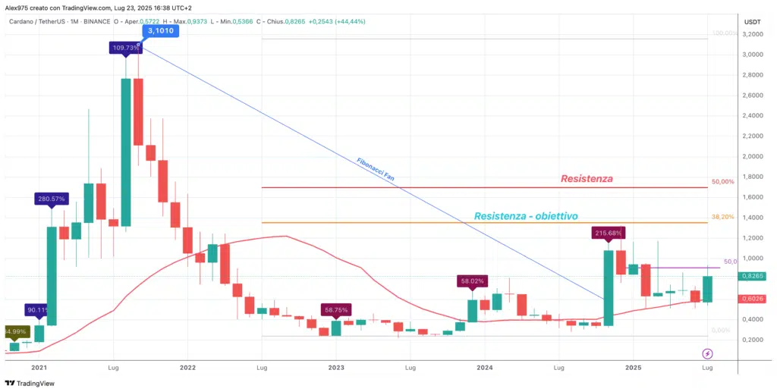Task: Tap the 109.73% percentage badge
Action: pos(126,48)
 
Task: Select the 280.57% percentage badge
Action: pos(52,199)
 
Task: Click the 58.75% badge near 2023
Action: pos(336,310)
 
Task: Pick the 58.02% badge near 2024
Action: pos(471,281)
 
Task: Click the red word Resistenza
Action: pos(587,179)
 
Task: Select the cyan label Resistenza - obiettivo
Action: pos(526,216)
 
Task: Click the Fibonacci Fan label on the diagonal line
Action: pos(376,170)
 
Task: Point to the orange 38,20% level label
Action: pos(722,217)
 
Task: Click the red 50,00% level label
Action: pos(722,182)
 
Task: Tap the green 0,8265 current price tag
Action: pos(756,276)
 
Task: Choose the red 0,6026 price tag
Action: pos(756,299)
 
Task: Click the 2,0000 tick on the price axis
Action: pos(754,157)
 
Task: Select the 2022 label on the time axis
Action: pos(187,367)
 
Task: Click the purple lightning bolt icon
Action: pos(707,353)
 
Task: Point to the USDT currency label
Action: pos(753,23)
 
